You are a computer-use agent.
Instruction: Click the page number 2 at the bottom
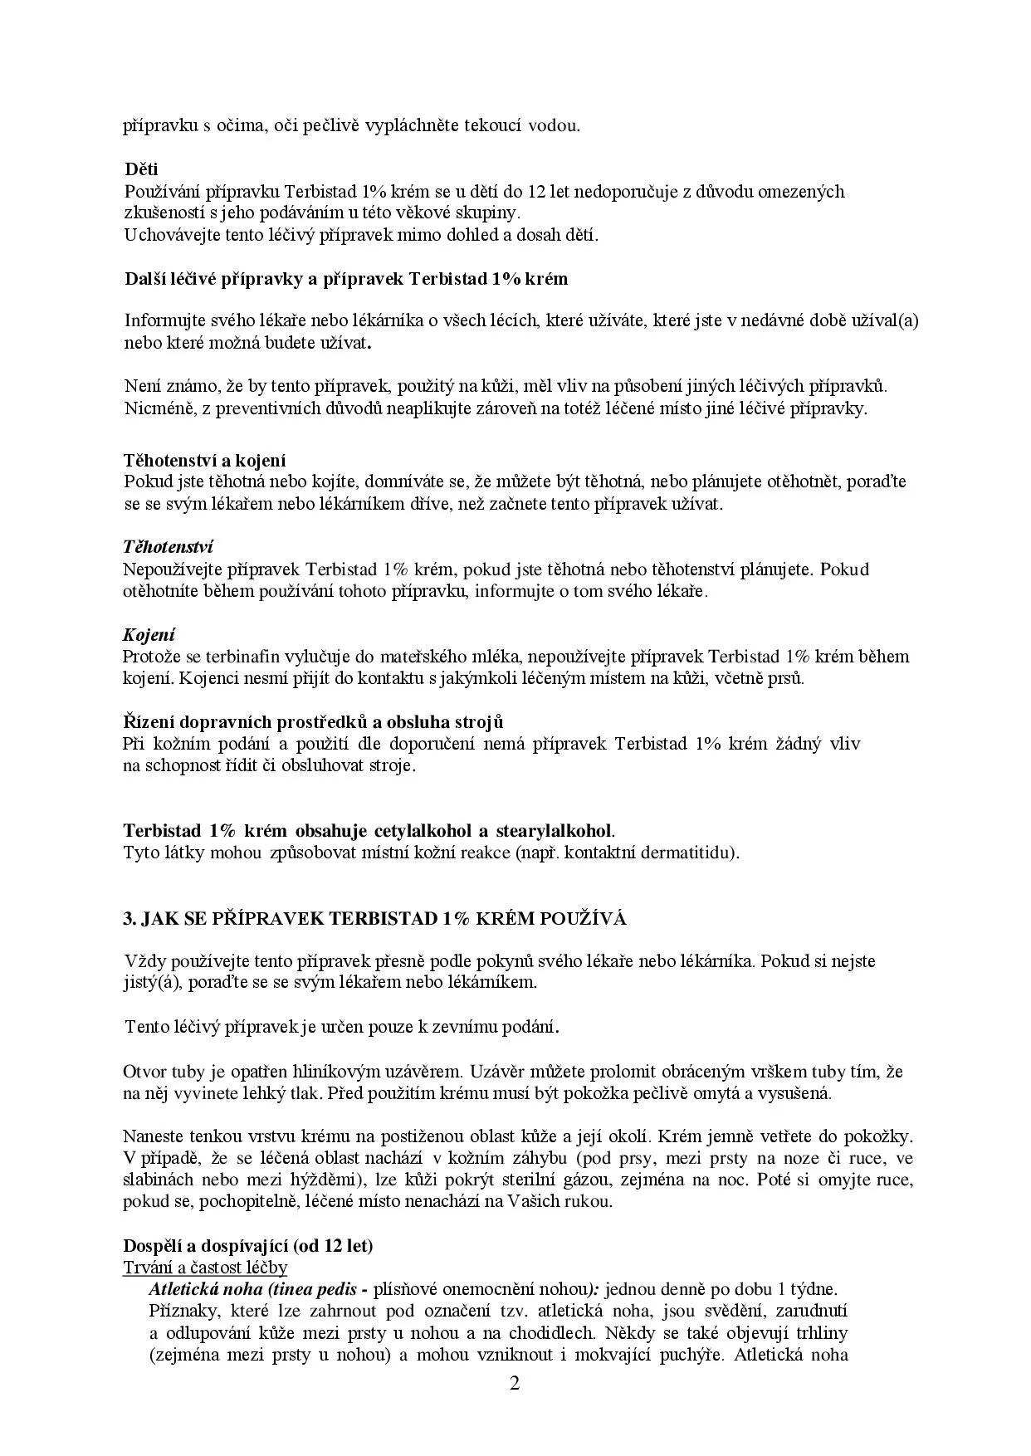pyautogui.click(x=515, y=1384)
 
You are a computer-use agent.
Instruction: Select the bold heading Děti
pyautogui.click(x=141, y=169)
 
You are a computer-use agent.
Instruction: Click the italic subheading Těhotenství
pyautogui.click(x=168, y=547)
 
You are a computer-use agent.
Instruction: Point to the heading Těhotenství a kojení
pyautogui.click(x=204, y=460)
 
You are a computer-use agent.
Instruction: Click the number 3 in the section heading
pyautogui.click(x=128, y=919)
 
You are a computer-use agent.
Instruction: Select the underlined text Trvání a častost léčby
pyautogui.click(x=205, y=1268)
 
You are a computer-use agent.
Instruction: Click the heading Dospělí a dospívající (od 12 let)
pyautogui.click(x=248, y=1246)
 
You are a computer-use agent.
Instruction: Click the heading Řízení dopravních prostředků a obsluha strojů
pyautogui.click(x=313, y=721)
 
